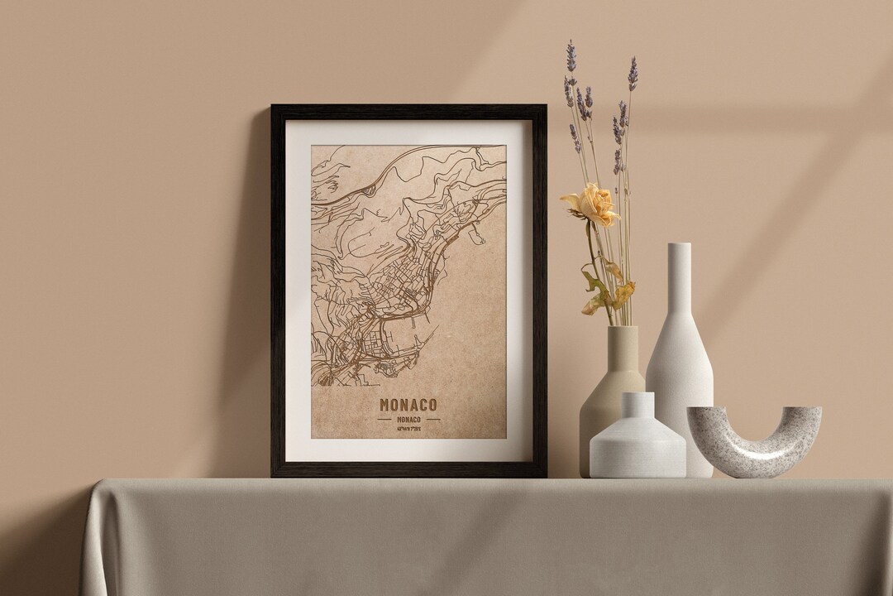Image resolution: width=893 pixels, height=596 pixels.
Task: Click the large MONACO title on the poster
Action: (x=408, y=405)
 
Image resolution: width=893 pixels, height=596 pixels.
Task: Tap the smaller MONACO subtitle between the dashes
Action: (x=408, y=419)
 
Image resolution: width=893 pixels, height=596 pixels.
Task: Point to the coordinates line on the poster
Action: (x=408, y=430)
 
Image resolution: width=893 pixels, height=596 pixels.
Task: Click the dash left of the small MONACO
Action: (x=384, y=419)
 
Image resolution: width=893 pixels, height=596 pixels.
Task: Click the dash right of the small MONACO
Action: (x=432, y=419)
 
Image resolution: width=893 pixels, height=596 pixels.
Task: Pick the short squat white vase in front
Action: (x=637, y=447)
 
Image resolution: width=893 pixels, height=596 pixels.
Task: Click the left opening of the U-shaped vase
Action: (x=700, y=413)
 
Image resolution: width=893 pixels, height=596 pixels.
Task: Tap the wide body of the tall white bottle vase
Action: (x=680, y=372)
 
